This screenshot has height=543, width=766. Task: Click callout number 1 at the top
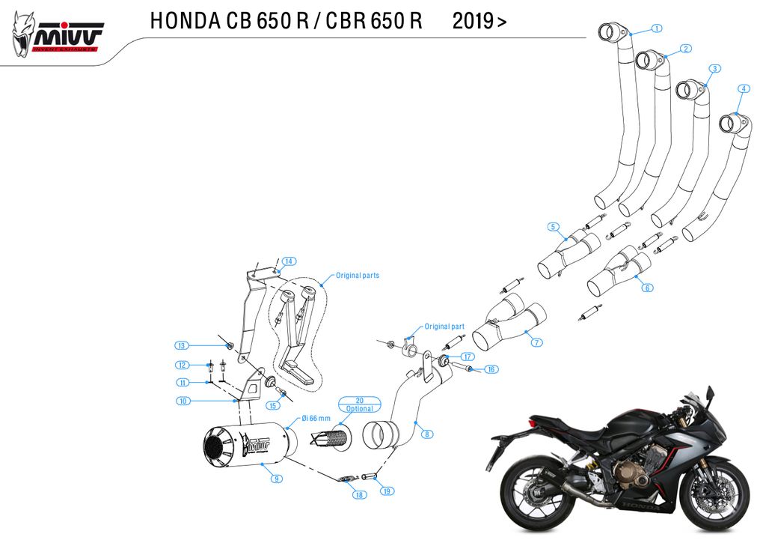656,28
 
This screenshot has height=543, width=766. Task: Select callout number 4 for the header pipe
743,89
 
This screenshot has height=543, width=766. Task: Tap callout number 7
536,342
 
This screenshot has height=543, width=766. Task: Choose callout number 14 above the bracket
289,261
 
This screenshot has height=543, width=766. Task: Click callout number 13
181,345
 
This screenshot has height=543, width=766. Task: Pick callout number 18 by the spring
360,495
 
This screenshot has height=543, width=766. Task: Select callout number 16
491,369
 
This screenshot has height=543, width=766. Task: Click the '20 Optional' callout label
359,404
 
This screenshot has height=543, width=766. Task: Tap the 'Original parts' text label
357,276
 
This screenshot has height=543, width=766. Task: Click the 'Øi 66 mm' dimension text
316,419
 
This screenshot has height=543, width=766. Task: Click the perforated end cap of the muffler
218,448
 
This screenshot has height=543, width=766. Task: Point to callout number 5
553,226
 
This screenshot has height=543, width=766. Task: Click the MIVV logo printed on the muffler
256,446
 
